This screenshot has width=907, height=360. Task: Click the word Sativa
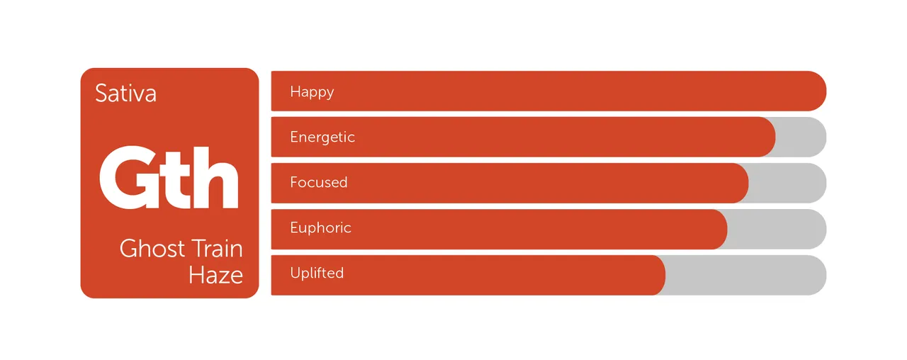tap(125, 93)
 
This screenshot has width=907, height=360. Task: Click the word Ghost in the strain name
tap(152, 248)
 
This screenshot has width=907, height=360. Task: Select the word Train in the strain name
tap(217, 248)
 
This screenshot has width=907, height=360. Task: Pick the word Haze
tap(216, 275)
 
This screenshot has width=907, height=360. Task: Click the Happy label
tap(312, 92)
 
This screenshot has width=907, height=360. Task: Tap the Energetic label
tap(322, 137)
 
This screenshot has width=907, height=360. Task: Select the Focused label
tap(319, 182)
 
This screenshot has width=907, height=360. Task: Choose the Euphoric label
tap(320, 227)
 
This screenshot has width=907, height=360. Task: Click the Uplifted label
tap(317, 273)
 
